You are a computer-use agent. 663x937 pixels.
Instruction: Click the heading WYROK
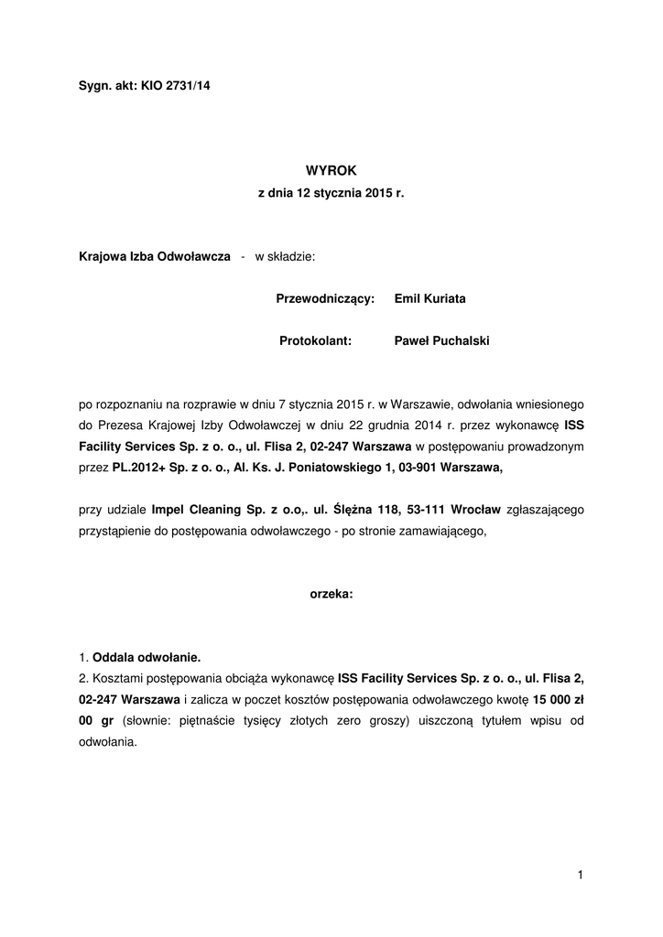[330, 170]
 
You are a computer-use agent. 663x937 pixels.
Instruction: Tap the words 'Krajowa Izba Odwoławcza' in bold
[155, 257]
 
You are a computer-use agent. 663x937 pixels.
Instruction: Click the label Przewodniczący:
[325, 299]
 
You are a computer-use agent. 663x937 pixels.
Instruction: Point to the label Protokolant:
[316, 341]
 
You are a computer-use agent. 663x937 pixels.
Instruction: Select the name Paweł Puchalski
[441, 341]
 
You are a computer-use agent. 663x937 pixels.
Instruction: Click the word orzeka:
[331, 594]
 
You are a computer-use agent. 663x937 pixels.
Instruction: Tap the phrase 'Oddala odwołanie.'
[147, 657]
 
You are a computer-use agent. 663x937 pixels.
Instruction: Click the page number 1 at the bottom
[581, 876]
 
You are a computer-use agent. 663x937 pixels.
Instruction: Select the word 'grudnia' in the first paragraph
[388, 425]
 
